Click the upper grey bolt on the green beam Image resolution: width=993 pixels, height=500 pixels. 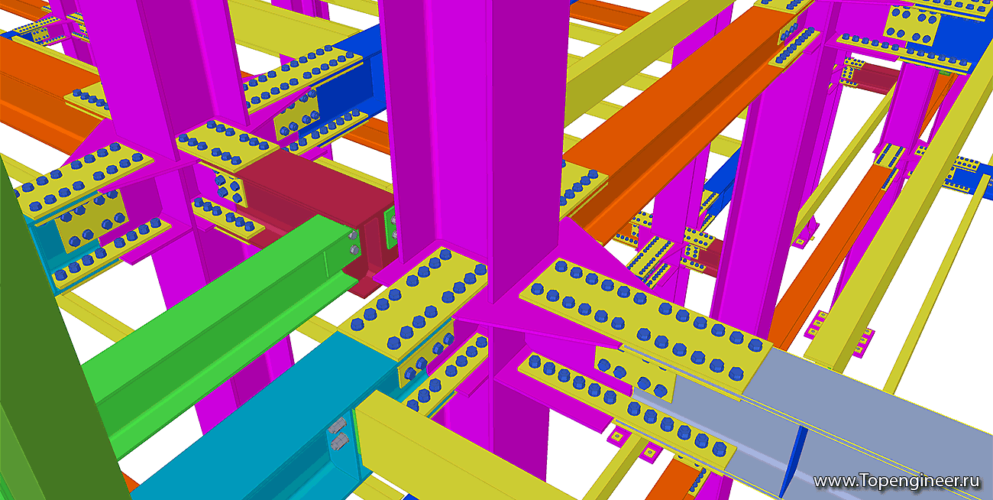[354, 235]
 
